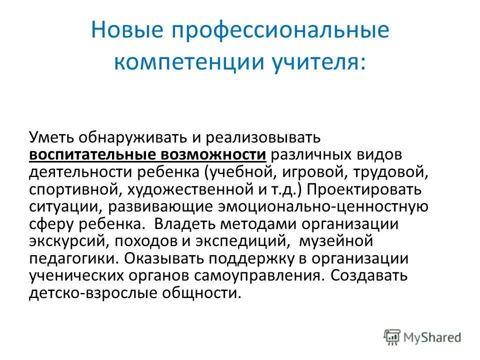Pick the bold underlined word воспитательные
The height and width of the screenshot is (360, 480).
pyautogui.click(x=93, y=154)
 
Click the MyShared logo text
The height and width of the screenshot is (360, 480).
pyautogui.click(x=433, y=336)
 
